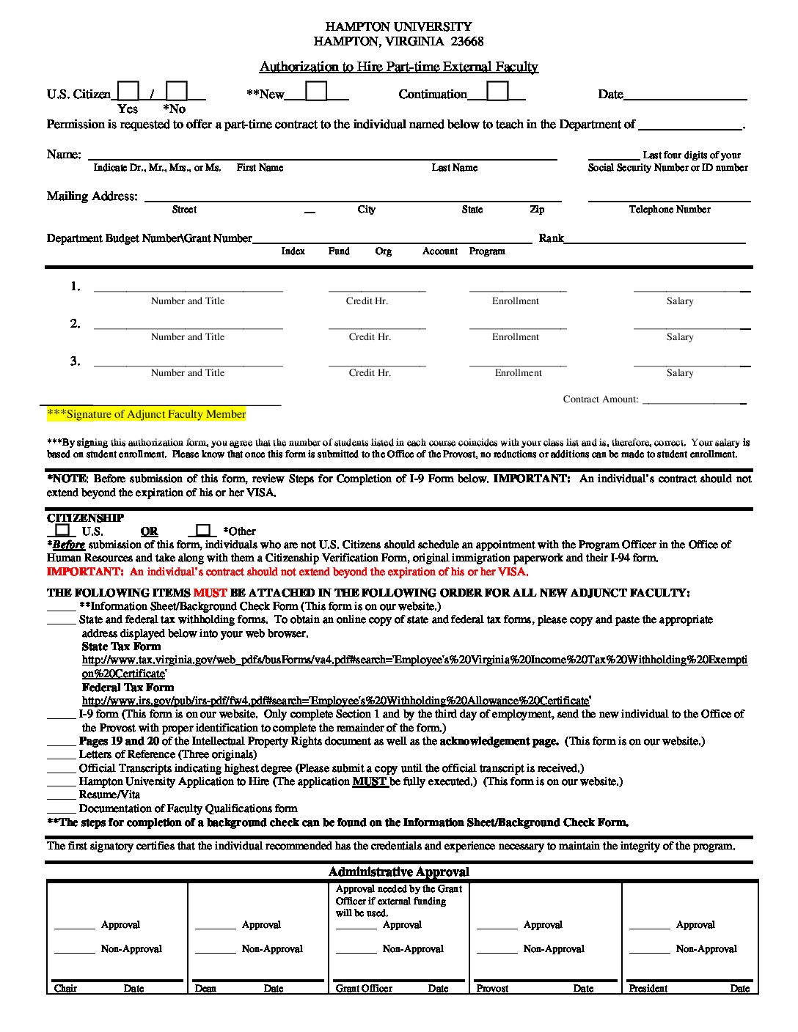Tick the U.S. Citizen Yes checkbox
pos(128,90)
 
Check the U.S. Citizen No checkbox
pos(177,90)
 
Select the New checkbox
pos(316,90)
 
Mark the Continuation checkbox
pos(497,90)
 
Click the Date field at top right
pos(684,94)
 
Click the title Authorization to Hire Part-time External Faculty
pos(398,67)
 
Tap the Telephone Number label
pos(669,210)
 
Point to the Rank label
pos(551,238)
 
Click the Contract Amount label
pos(600,399)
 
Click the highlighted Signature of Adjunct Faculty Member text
pos(147,414)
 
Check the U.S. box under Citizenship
pos(62,530)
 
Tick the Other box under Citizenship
pos(203,530)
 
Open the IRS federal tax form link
pos(337,701)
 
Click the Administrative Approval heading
pos(398,871)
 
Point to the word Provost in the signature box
pos(492,988)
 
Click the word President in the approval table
pos(648,988)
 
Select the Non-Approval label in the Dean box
pos(272,949)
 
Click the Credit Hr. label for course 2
pos(370,337)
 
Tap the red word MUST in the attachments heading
pos(210,592)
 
